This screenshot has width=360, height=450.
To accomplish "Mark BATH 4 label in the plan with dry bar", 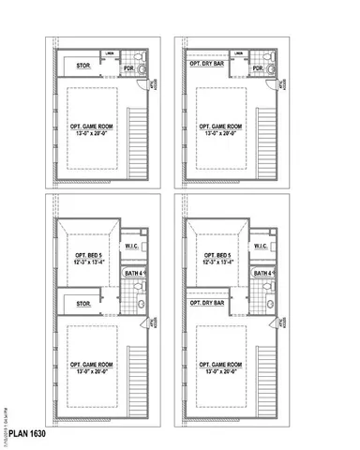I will (x=262, y=274).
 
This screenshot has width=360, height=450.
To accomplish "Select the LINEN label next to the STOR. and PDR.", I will (x=111, y=53).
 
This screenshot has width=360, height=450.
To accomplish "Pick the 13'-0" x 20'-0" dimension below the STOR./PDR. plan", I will (x=92, y=132).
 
